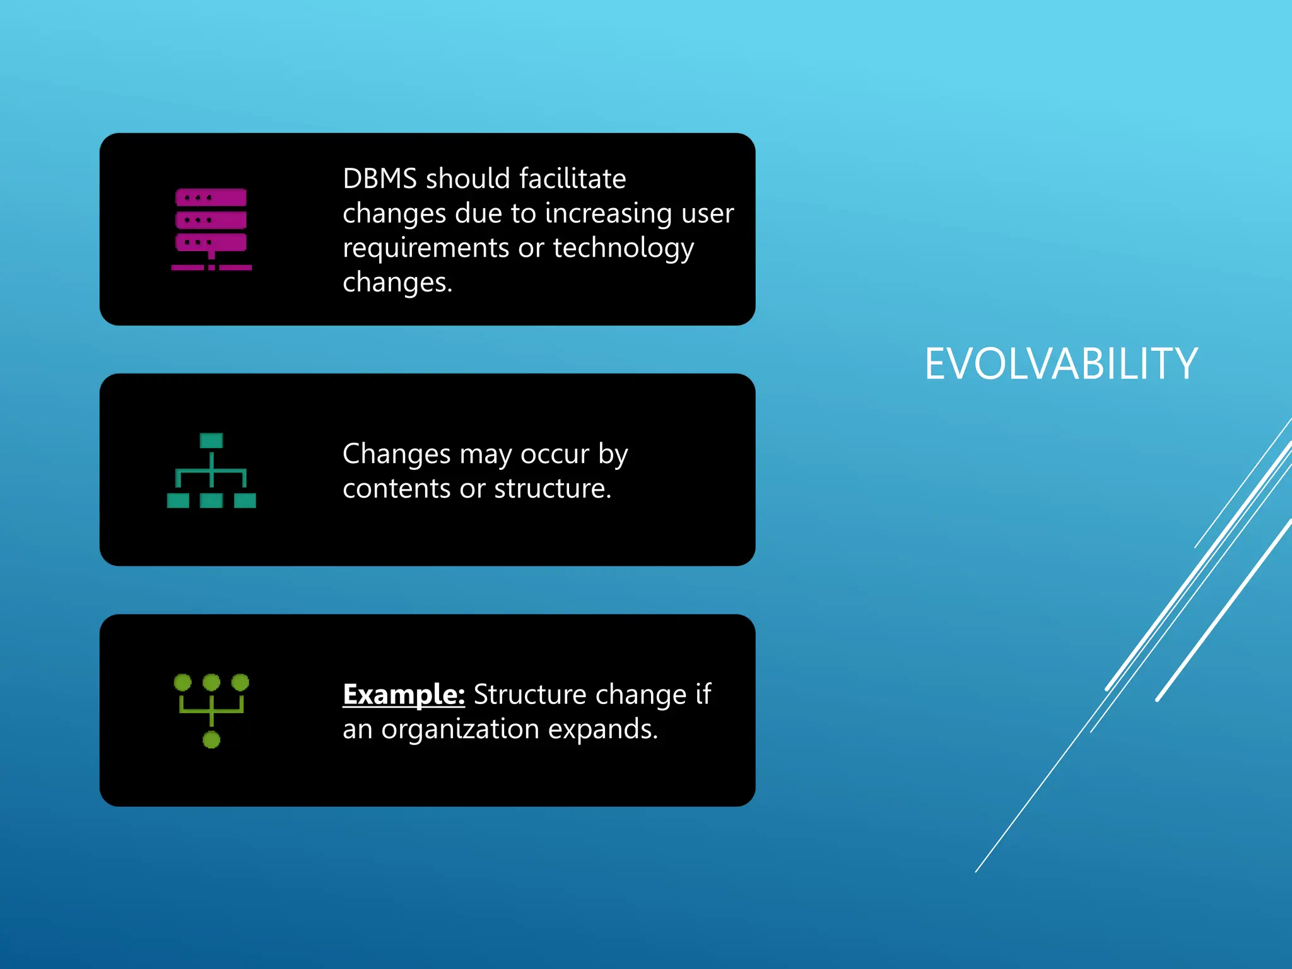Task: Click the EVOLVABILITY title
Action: (x=1060, y=365)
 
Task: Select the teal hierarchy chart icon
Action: (x=211, y=471)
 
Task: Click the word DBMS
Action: (x=380, y=179)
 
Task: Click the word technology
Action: (x=623, y=249)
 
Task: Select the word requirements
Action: (x=426, y=249)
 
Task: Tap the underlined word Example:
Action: (x=404, y=695)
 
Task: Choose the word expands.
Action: (x=602, y=730)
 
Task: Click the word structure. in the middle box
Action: (x=553, y=489)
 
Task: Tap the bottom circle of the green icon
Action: (x=211, y=740)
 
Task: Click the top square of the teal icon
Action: (x=211, y=440)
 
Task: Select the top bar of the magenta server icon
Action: (x=211, y=198)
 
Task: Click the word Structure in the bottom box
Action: (x=530, y=695)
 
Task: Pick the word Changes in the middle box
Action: (x=397, y=454)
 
